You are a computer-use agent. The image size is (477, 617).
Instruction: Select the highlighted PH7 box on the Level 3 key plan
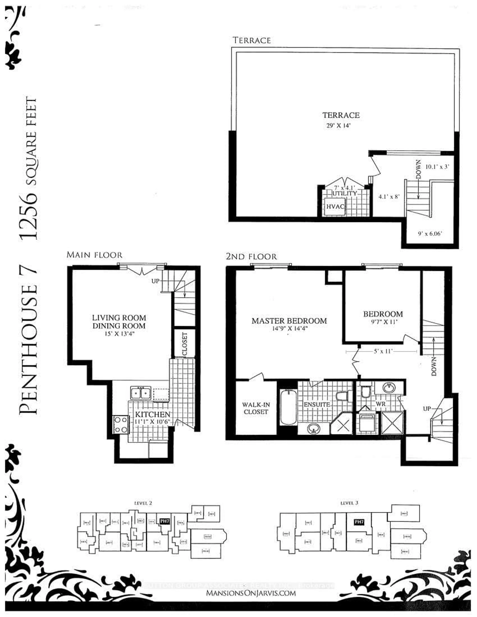359,522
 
